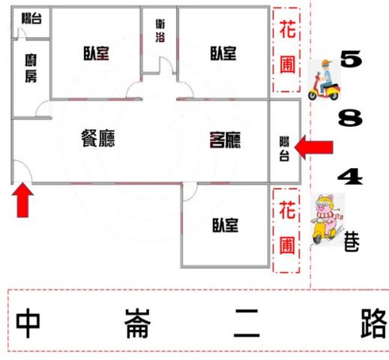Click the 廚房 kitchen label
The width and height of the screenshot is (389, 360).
click(31, 68)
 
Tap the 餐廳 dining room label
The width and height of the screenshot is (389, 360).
click(98, 138)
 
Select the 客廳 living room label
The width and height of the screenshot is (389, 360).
click(225, 140)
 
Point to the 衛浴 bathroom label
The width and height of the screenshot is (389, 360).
click(160, 31)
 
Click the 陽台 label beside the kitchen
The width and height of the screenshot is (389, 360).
click(31, 18)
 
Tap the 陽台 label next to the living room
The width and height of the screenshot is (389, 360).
click(284, 148)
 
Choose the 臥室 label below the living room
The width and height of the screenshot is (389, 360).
click(226, 225)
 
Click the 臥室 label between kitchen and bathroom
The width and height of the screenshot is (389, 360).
click(96, 53)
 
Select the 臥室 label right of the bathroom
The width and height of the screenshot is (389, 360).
click(223, 53)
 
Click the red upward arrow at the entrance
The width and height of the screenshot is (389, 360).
click(22, 199)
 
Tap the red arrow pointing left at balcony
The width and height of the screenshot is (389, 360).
click(314, 147)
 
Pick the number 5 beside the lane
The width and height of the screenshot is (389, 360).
click(352, 58)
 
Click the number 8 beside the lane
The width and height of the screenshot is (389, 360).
click(350, 118)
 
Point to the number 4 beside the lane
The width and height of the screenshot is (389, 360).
click(350, 176)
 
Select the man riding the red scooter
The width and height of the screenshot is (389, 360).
click(324, 80)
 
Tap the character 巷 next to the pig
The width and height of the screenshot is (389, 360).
click(352, 241)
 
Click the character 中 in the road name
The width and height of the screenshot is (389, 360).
click(28, 322)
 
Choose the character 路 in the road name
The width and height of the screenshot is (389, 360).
click(373, 322)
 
